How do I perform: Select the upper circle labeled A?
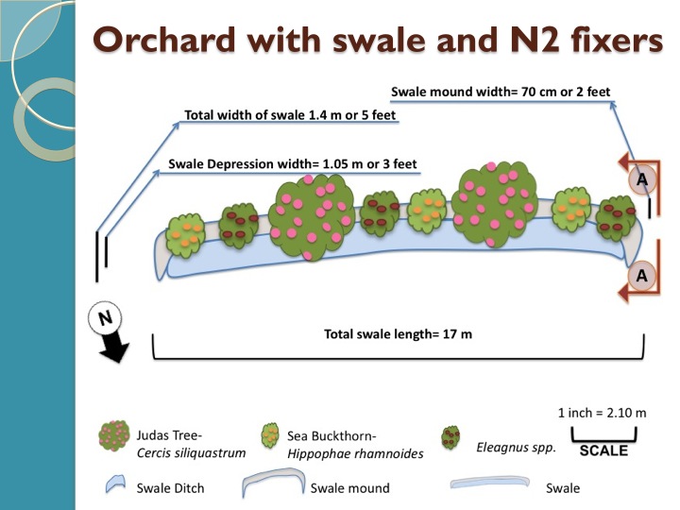[x=641, y=178]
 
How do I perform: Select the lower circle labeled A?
[x=641, y=275]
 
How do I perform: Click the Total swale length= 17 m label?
[x=398, y=333]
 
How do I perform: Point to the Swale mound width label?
[x=501, y=92]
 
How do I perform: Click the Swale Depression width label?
[x=293, y=163]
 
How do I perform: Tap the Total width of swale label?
[x=290, y=117]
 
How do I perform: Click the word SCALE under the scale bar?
[x=603, y=450]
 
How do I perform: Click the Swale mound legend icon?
[x=272, y=484]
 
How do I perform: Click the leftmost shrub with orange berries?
[x=186, y=233]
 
